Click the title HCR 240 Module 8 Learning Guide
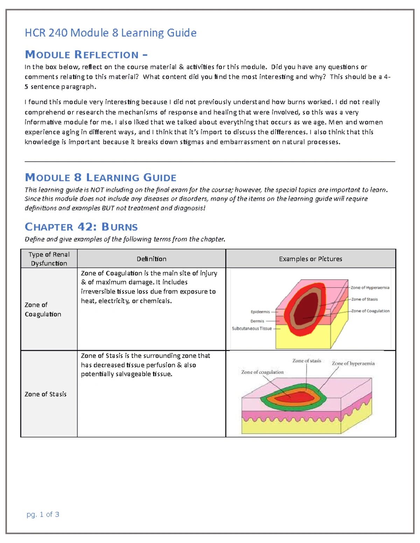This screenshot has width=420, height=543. pyautogui.click(x=110, y=33)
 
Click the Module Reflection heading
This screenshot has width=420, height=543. pyautogui.click(x=86, y=55)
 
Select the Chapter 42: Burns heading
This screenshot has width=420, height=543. pyautogui.click(x=81, y=227)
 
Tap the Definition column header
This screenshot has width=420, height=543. pyautogui.click(x=151, y=259)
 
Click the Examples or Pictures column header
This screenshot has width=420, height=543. pyautogui.click(x=310, y=259)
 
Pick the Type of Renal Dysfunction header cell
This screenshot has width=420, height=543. pyautogui.click(x=49, y=259)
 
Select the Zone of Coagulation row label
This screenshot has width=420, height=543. pyautogui.click(x=43, y=309)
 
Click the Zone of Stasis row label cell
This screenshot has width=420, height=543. pyautogui.click(x=45, y=394)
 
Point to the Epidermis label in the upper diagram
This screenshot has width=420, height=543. pyautogui.click(x=260, y=312)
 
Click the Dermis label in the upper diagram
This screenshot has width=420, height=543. pyautogui.click(x=257, y=321)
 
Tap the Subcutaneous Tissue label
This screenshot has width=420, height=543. pyautogui.click(x=252, y=329)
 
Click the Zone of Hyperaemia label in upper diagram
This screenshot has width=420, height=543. pyautogui.click(x=370, y=288)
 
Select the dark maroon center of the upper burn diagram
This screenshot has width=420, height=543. pyautogui.click(x=308, y=308)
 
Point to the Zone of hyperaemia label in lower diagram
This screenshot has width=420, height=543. pyautogui.click(x=353, y=364)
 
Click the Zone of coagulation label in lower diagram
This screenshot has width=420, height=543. pyautogui.click(x=262, y=372)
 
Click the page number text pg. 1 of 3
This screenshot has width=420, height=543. pyautogui.click(x=43, y=514)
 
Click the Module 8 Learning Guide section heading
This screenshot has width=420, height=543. pyautogui.click(x=100, y=178)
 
